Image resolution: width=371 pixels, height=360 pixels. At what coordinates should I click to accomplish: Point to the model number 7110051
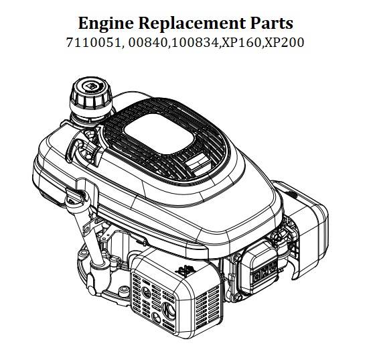(94, 43)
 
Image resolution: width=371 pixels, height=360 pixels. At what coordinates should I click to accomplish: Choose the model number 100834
(194, 43)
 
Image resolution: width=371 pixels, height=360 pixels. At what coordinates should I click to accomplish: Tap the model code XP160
(240, 43)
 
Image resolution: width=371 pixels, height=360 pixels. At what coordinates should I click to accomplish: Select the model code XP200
(283, 43)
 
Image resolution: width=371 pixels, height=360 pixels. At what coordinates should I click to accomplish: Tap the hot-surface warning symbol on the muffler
(185, 271)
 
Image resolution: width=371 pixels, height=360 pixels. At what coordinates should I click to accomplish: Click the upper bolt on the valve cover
(236, 257)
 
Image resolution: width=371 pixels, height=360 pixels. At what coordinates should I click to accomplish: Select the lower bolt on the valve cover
(238, 298)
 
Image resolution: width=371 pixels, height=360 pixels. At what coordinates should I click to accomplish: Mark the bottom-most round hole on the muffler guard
(156, 318)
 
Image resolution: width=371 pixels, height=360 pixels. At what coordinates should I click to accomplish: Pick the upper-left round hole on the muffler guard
(146, 292)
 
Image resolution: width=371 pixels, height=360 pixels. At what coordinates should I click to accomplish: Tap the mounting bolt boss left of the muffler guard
(123, 290)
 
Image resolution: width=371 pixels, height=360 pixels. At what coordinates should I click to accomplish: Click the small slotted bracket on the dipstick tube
(86, 229)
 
